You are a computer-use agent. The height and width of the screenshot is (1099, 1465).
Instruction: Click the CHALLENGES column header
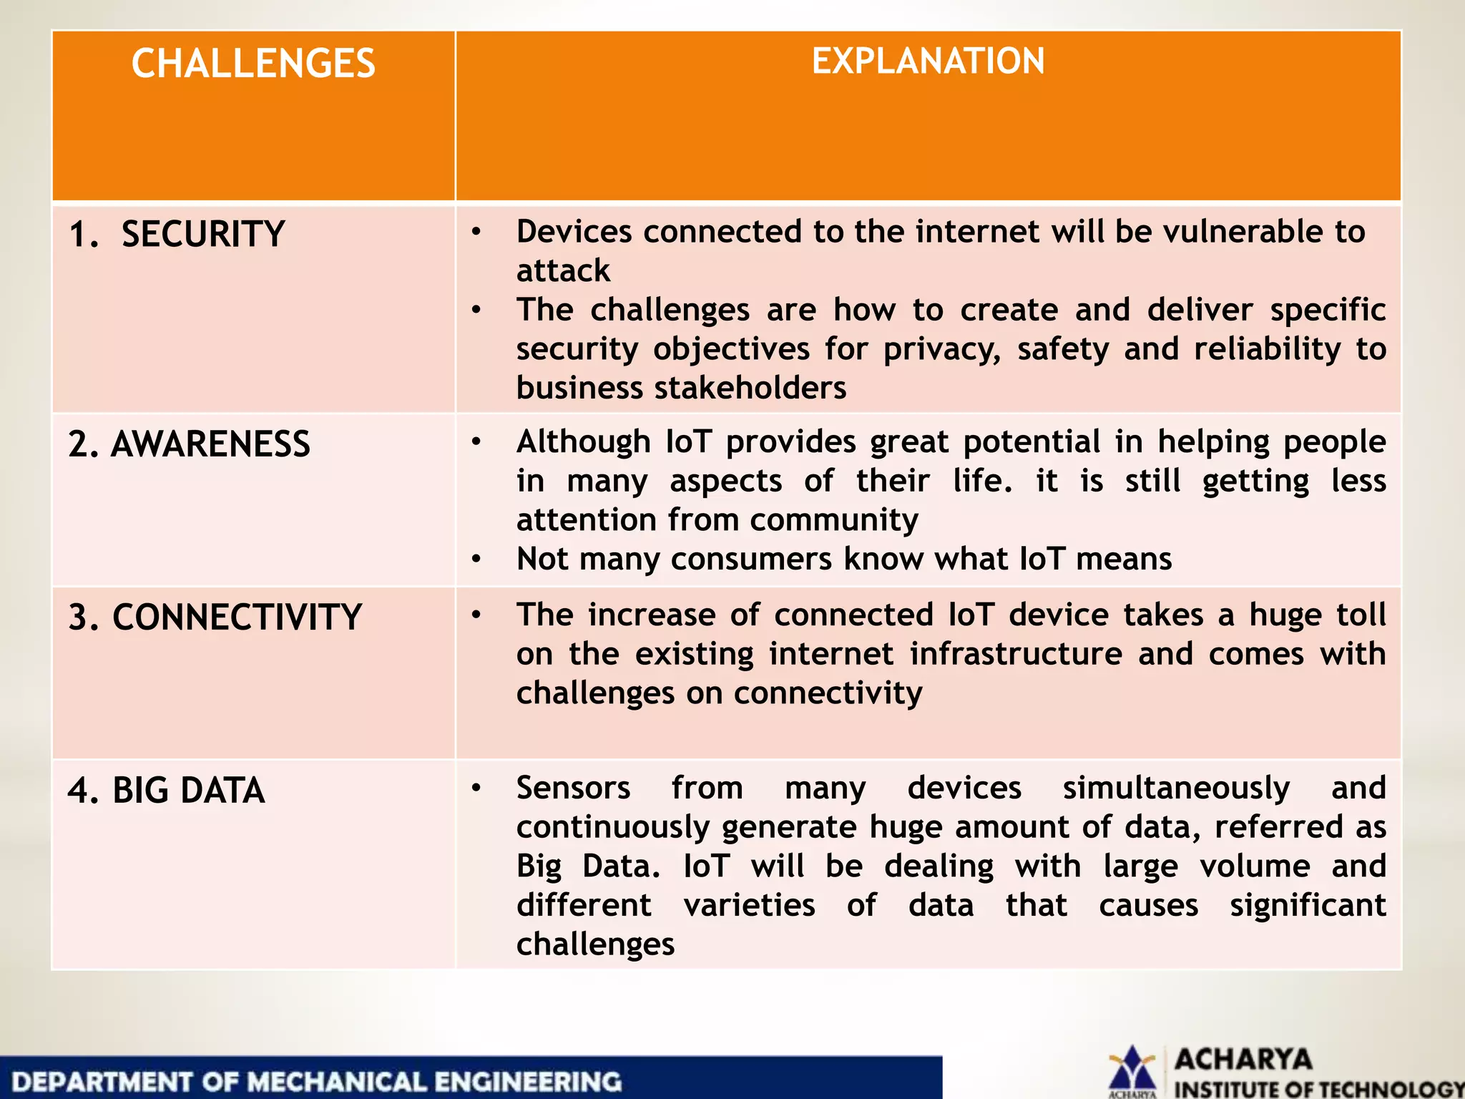[253, 64]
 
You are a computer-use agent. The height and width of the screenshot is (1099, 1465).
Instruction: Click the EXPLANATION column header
[928, 62]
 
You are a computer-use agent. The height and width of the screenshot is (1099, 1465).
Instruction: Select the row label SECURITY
[202, 234]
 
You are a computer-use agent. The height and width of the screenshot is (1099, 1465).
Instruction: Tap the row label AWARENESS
[210, 444]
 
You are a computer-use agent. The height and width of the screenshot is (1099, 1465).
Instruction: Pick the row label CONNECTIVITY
[237, 617]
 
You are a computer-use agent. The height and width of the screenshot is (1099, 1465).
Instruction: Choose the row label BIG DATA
[188, 791]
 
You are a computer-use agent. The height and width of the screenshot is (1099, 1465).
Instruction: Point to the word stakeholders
[751, 388]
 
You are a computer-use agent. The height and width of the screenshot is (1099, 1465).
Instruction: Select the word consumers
[751, 559]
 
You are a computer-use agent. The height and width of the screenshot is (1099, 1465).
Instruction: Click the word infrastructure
[1016, 654]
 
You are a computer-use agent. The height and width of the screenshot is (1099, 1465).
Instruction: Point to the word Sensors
[573, 788]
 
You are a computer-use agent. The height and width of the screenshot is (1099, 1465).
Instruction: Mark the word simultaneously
[1176, 788]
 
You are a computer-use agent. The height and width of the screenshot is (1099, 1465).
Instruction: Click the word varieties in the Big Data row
[749, 905]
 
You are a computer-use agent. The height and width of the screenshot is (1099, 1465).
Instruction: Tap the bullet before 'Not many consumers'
[476, 559]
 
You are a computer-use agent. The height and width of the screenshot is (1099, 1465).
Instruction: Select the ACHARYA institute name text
[1243, 1059]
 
